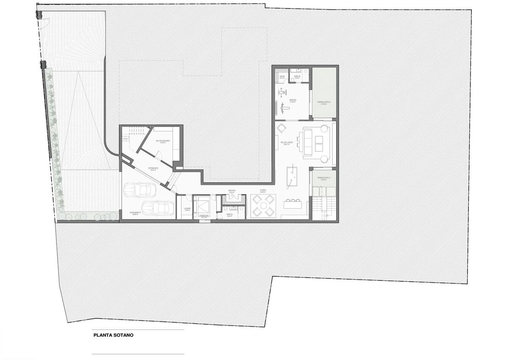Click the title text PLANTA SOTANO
pos(113,335)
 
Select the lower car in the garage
pos(157,208)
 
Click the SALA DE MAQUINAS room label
pos(162,141)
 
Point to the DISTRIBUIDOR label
pos(153,169)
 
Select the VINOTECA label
pos(232,191)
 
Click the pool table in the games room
pos(292,177)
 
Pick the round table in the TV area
pos(263,206)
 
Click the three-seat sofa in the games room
pos(307,141)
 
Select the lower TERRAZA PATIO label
pos(324,179)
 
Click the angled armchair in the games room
pos(281,128)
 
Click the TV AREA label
pos(263,191)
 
